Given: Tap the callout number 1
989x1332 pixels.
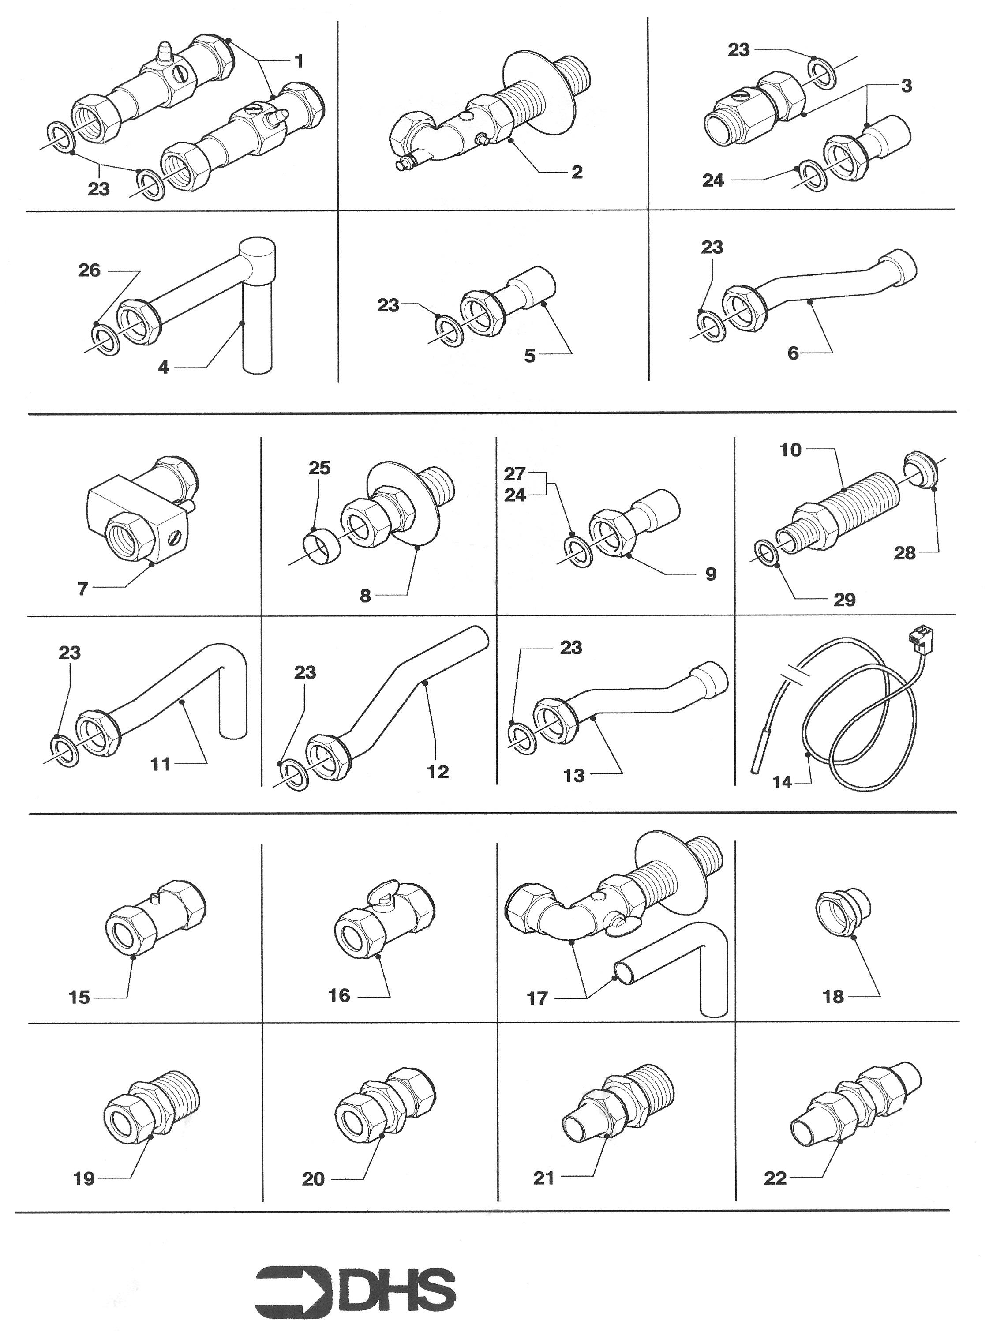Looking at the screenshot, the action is [299, 61].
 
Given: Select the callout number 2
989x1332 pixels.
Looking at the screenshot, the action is [577, 173].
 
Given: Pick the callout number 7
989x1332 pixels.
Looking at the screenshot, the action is [82, 589].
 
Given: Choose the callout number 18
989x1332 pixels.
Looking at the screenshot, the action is [833, 997].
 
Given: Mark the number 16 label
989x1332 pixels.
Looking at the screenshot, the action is [339, 995].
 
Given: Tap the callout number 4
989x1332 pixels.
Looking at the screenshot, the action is [163, 368].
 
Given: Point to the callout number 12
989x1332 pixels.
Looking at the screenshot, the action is [438, 772].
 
